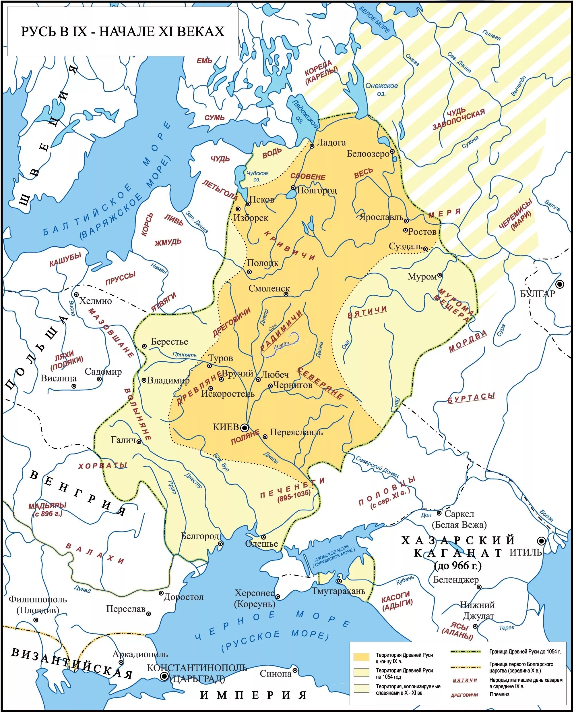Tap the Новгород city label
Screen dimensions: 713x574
click(317, 190)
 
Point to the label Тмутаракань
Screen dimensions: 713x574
click(339, 591)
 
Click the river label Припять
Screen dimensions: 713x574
click(184, 354)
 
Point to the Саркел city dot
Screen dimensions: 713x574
click(439, 513)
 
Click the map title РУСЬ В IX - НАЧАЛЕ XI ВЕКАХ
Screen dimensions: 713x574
click(123, 31)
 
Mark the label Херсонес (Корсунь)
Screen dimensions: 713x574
click(255, 598)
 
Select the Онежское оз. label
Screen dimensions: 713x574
click(381, 89)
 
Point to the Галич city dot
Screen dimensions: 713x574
click(139, 442)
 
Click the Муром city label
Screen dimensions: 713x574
click(422, 276)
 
